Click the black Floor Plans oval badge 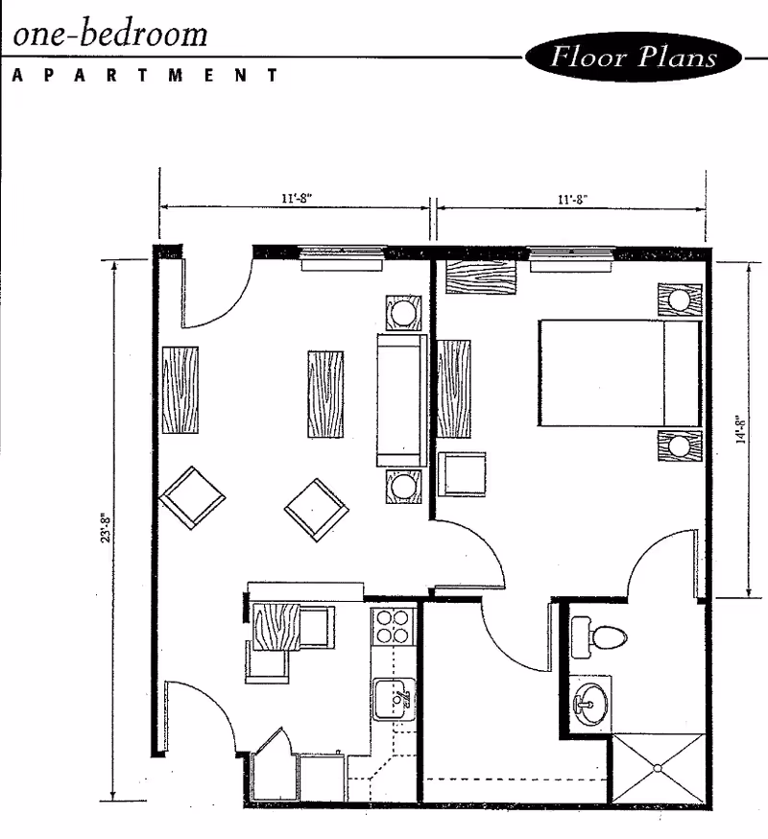coord(634,57)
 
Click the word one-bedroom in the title coord(110,34)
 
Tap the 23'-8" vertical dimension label coord(106,528)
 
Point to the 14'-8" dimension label coord(741,430)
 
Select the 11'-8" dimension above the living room coord(297,198)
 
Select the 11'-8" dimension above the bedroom coord(573,199)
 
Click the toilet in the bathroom coord(598,637)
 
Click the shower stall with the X coord(659,768)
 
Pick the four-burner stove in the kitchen coord(394,627)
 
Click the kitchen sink coord(394,699)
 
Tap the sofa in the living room coord(402,400)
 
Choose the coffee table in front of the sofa coord(325,394)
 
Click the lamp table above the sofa coord(403,313)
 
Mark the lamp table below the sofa coord(403,486)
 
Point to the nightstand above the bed coord(680,300)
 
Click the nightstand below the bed coord(680,445)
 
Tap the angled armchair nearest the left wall coord(192,497)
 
